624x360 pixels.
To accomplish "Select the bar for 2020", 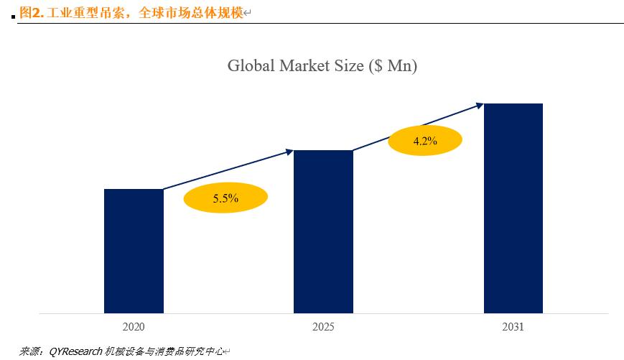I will pos(134,251).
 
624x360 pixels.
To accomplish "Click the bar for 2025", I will pos(323,231).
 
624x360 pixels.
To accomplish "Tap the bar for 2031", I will pos(513,208).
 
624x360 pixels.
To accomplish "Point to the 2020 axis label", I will pos(134,327).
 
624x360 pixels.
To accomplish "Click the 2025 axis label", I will pos(323,327).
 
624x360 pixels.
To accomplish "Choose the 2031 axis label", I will pos(513,327).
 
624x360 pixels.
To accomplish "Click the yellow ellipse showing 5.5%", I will pos(225,199).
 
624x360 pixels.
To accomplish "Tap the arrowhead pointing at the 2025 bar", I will pos(289,151).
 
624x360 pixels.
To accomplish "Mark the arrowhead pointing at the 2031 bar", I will pos(480,105).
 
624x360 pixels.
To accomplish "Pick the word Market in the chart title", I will pos(306,66).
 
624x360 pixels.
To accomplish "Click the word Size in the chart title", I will pos(350,66).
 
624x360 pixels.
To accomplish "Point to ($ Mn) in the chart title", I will pos(393,66).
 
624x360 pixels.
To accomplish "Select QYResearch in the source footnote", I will pos(75,351).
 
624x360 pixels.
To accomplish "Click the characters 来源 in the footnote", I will pos(29,351).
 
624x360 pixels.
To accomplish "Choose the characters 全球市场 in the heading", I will pos(158,13).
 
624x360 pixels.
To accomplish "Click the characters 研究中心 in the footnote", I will pos(202,351).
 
